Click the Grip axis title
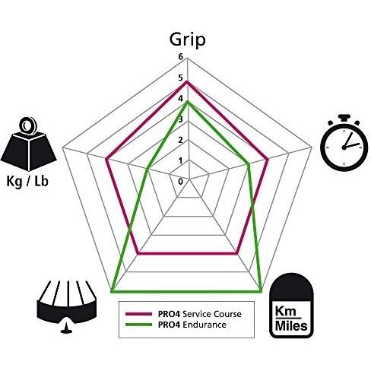point(187,40)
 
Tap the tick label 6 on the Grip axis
point(180,57)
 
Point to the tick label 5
point(180,78)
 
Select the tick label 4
point(180,99)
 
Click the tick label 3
point(180,119)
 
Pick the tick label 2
point(180,140)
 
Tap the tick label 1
point(180,161)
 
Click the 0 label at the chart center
point(180,182)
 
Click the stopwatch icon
point(344,143)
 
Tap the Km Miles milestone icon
point(291,306)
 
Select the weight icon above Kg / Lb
point(28,144)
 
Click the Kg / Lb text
point(27,182)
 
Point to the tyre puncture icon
point(67,306)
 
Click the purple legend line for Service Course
point(138,314)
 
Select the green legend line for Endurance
point(138,325)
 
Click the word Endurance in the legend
point(205,325)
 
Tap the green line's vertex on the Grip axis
point(187,102)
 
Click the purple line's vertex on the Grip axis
point(187,81)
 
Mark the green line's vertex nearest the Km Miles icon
point(261,291)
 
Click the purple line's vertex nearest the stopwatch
point(268,160)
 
